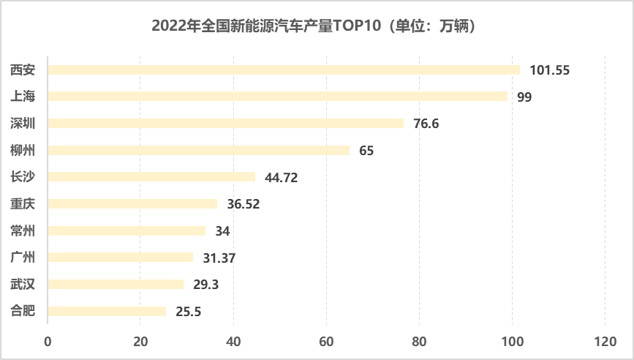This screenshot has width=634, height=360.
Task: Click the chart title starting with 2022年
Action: click(317, 26)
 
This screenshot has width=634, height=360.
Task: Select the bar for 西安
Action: click(284, 70)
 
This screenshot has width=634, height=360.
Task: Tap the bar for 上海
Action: click(277, 97)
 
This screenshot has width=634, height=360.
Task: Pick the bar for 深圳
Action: click(225, 123)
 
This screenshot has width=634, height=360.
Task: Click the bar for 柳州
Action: click(198, 150)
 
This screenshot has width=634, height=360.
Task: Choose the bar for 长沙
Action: click(151, 176)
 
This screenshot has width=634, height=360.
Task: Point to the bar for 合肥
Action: click(107, 311)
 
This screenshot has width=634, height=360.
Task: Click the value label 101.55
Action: click(549, 71)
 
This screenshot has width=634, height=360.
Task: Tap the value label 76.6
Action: click(426, 124)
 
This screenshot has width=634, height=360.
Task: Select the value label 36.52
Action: click(244, 204)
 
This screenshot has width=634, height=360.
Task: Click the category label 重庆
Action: click(22, 203)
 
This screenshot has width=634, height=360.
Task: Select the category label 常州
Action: click(22, 230)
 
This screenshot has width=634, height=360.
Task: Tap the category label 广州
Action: click(22, 257)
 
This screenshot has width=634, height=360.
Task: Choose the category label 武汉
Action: click(22, 284)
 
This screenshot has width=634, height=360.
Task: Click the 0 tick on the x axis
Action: click(48, 340)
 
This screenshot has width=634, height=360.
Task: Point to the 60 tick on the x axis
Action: click(326, 340)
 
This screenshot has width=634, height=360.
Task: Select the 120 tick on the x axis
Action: click(605, 340)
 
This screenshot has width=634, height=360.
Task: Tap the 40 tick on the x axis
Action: click(233, 340)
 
